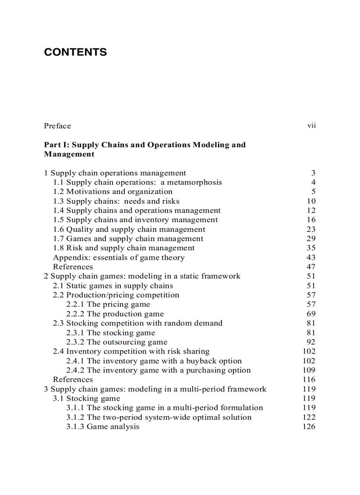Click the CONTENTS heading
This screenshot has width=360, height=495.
[x=75, y=52]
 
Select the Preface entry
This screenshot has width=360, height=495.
[x=57, y=126]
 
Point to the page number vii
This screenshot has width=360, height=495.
[x=311, y=126]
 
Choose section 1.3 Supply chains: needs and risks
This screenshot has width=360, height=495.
[x=116, y=201]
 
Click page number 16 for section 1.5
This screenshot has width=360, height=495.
[x=311, y=220]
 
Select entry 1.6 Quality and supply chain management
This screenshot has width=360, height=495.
[x=129, y=229]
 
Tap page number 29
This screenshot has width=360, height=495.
[x=311, y=238]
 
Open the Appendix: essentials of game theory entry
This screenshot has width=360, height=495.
[x=119, y=257]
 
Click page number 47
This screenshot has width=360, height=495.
[x=311, y=267]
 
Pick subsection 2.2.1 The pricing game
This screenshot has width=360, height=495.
[x=108, y=304]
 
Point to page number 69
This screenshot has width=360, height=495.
[x=311, y=314]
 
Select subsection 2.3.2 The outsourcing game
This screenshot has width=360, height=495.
[x=116, y=342]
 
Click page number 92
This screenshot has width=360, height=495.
[x=311, y=342]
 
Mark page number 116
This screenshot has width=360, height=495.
[x=309, y=380]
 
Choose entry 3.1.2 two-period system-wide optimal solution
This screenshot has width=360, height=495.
[x=159, y=417]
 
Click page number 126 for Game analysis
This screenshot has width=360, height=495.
[x=309, y=427]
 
